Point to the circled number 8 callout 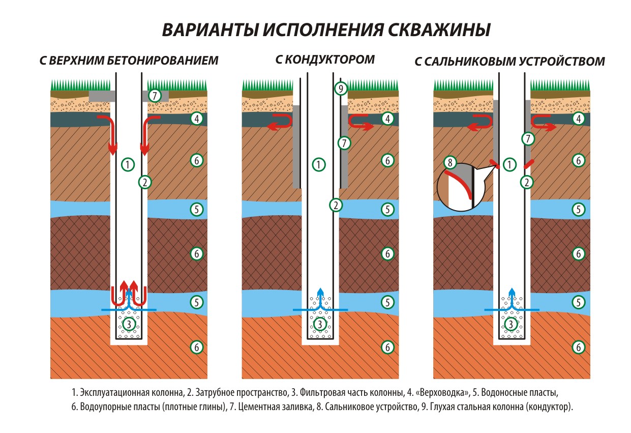449,163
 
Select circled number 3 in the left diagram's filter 129,324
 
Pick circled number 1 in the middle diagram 318,164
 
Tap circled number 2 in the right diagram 528,182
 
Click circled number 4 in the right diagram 578,119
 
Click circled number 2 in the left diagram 145,182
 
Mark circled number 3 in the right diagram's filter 511,324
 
